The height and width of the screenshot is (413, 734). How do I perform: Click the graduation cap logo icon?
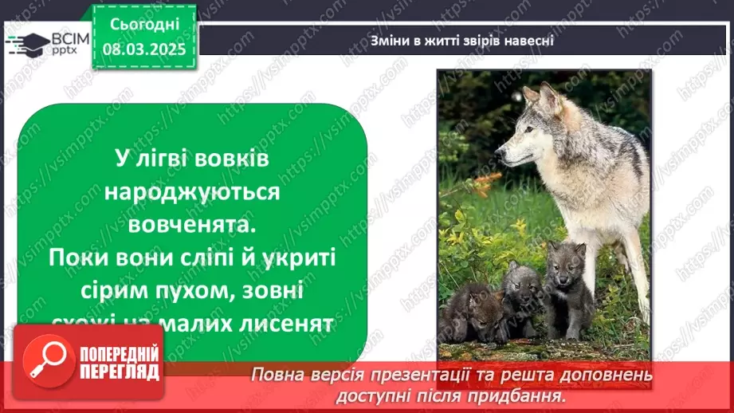27,43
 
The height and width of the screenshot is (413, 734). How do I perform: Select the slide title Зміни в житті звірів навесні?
461,41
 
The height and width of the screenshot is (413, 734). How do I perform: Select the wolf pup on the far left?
470,311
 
